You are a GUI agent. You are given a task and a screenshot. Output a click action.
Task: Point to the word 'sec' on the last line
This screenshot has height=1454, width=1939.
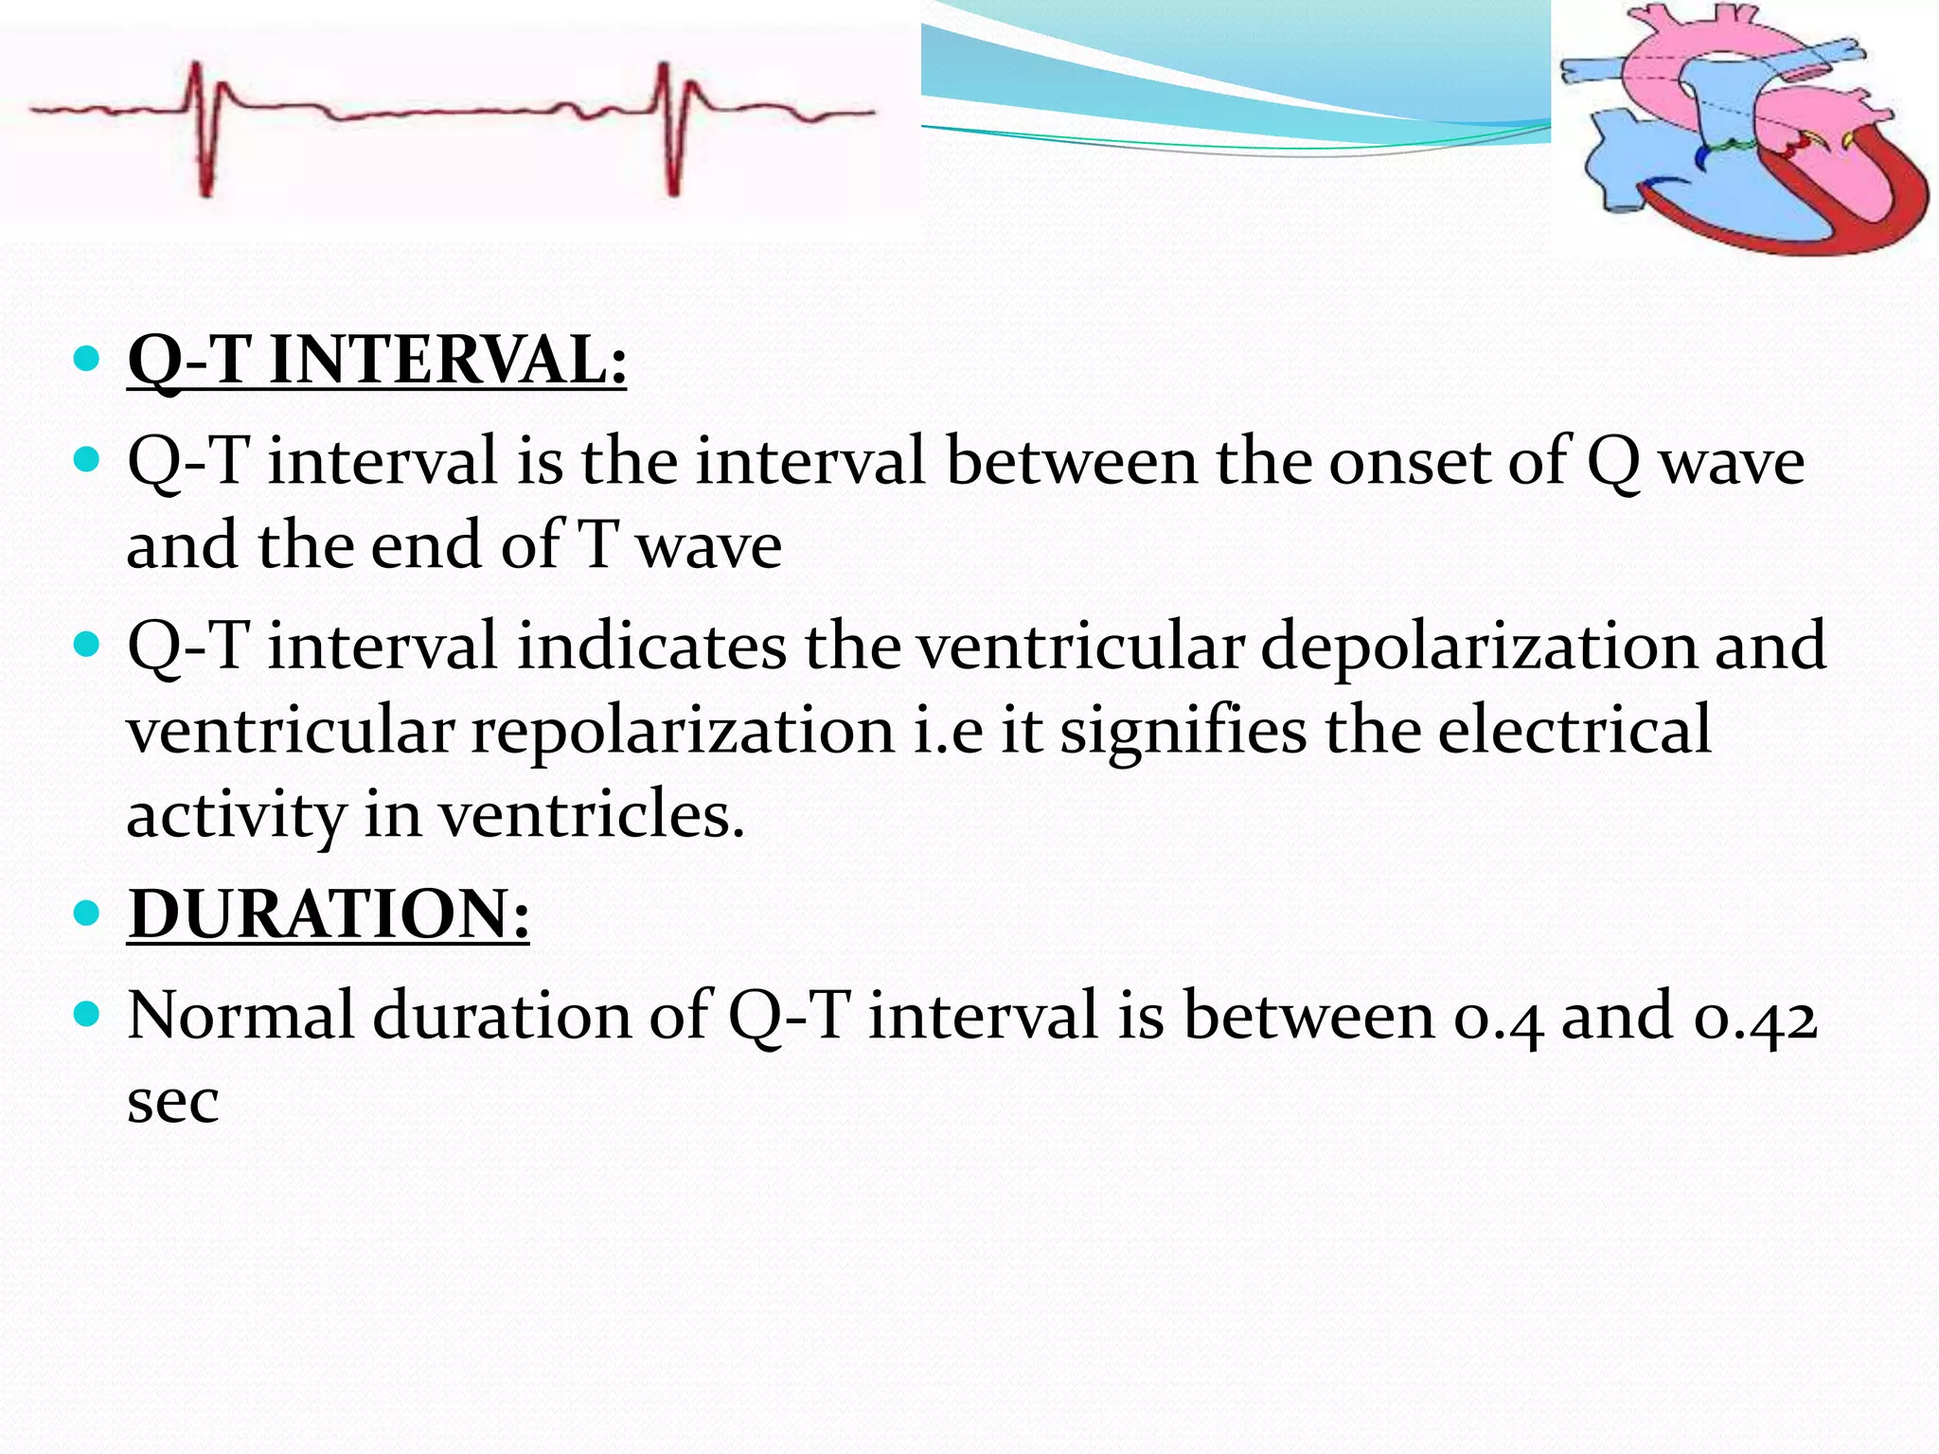(x=173, y=1101)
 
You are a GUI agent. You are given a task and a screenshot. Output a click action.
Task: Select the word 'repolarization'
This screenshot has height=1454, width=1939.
(x=683, y=731)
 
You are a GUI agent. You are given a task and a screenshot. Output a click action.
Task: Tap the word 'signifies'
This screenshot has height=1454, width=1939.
(x=1183, y=731)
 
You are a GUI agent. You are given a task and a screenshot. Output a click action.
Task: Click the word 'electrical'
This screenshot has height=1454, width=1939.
(x=1574, y=731)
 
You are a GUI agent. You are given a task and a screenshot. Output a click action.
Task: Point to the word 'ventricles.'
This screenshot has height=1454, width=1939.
(x=592, y=815)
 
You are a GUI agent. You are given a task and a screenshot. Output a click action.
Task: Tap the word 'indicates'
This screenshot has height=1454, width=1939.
(x=651, y=647)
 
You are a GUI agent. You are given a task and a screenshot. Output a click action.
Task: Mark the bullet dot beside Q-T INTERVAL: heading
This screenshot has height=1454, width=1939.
(x=86, y=359)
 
